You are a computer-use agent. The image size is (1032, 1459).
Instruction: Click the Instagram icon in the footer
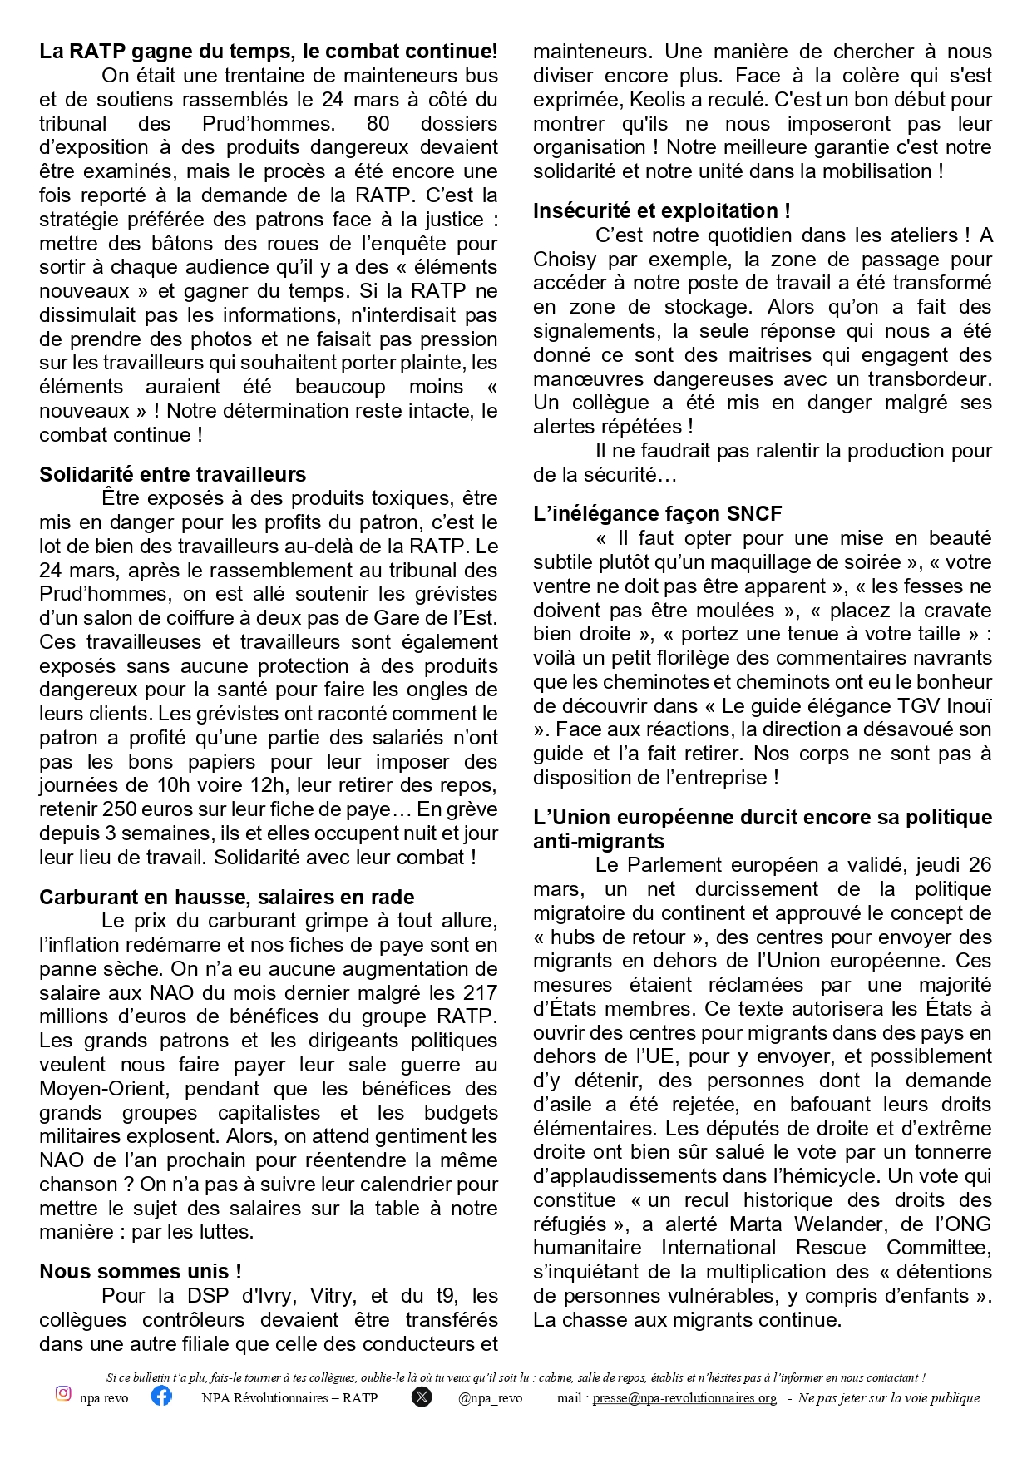(x=63, y=1393)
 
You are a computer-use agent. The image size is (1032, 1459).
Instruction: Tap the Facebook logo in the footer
(x=161, y=1395)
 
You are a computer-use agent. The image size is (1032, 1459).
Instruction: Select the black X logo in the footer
(x=422, y=1397)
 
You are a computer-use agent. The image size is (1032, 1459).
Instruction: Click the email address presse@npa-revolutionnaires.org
(x=684, y=1398)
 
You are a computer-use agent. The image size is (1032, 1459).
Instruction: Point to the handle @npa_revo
(x=490, y=1398)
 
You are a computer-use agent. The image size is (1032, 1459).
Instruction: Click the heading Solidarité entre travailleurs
(x=172, y=474)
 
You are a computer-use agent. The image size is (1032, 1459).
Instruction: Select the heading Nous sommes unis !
(x=141, y=1271)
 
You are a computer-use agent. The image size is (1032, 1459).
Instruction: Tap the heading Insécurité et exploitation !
(x=661, y=210)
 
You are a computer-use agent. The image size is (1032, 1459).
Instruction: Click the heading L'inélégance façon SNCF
(x=657, y=513)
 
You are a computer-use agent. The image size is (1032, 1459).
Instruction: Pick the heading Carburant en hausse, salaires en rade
(x=226, y=897)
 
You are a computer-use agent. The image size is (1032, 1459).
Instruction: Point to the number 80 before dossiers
(x=378, y=123)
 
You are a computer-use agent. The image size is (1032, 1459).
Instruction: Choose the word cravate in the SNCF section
(x=955, y=610)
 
